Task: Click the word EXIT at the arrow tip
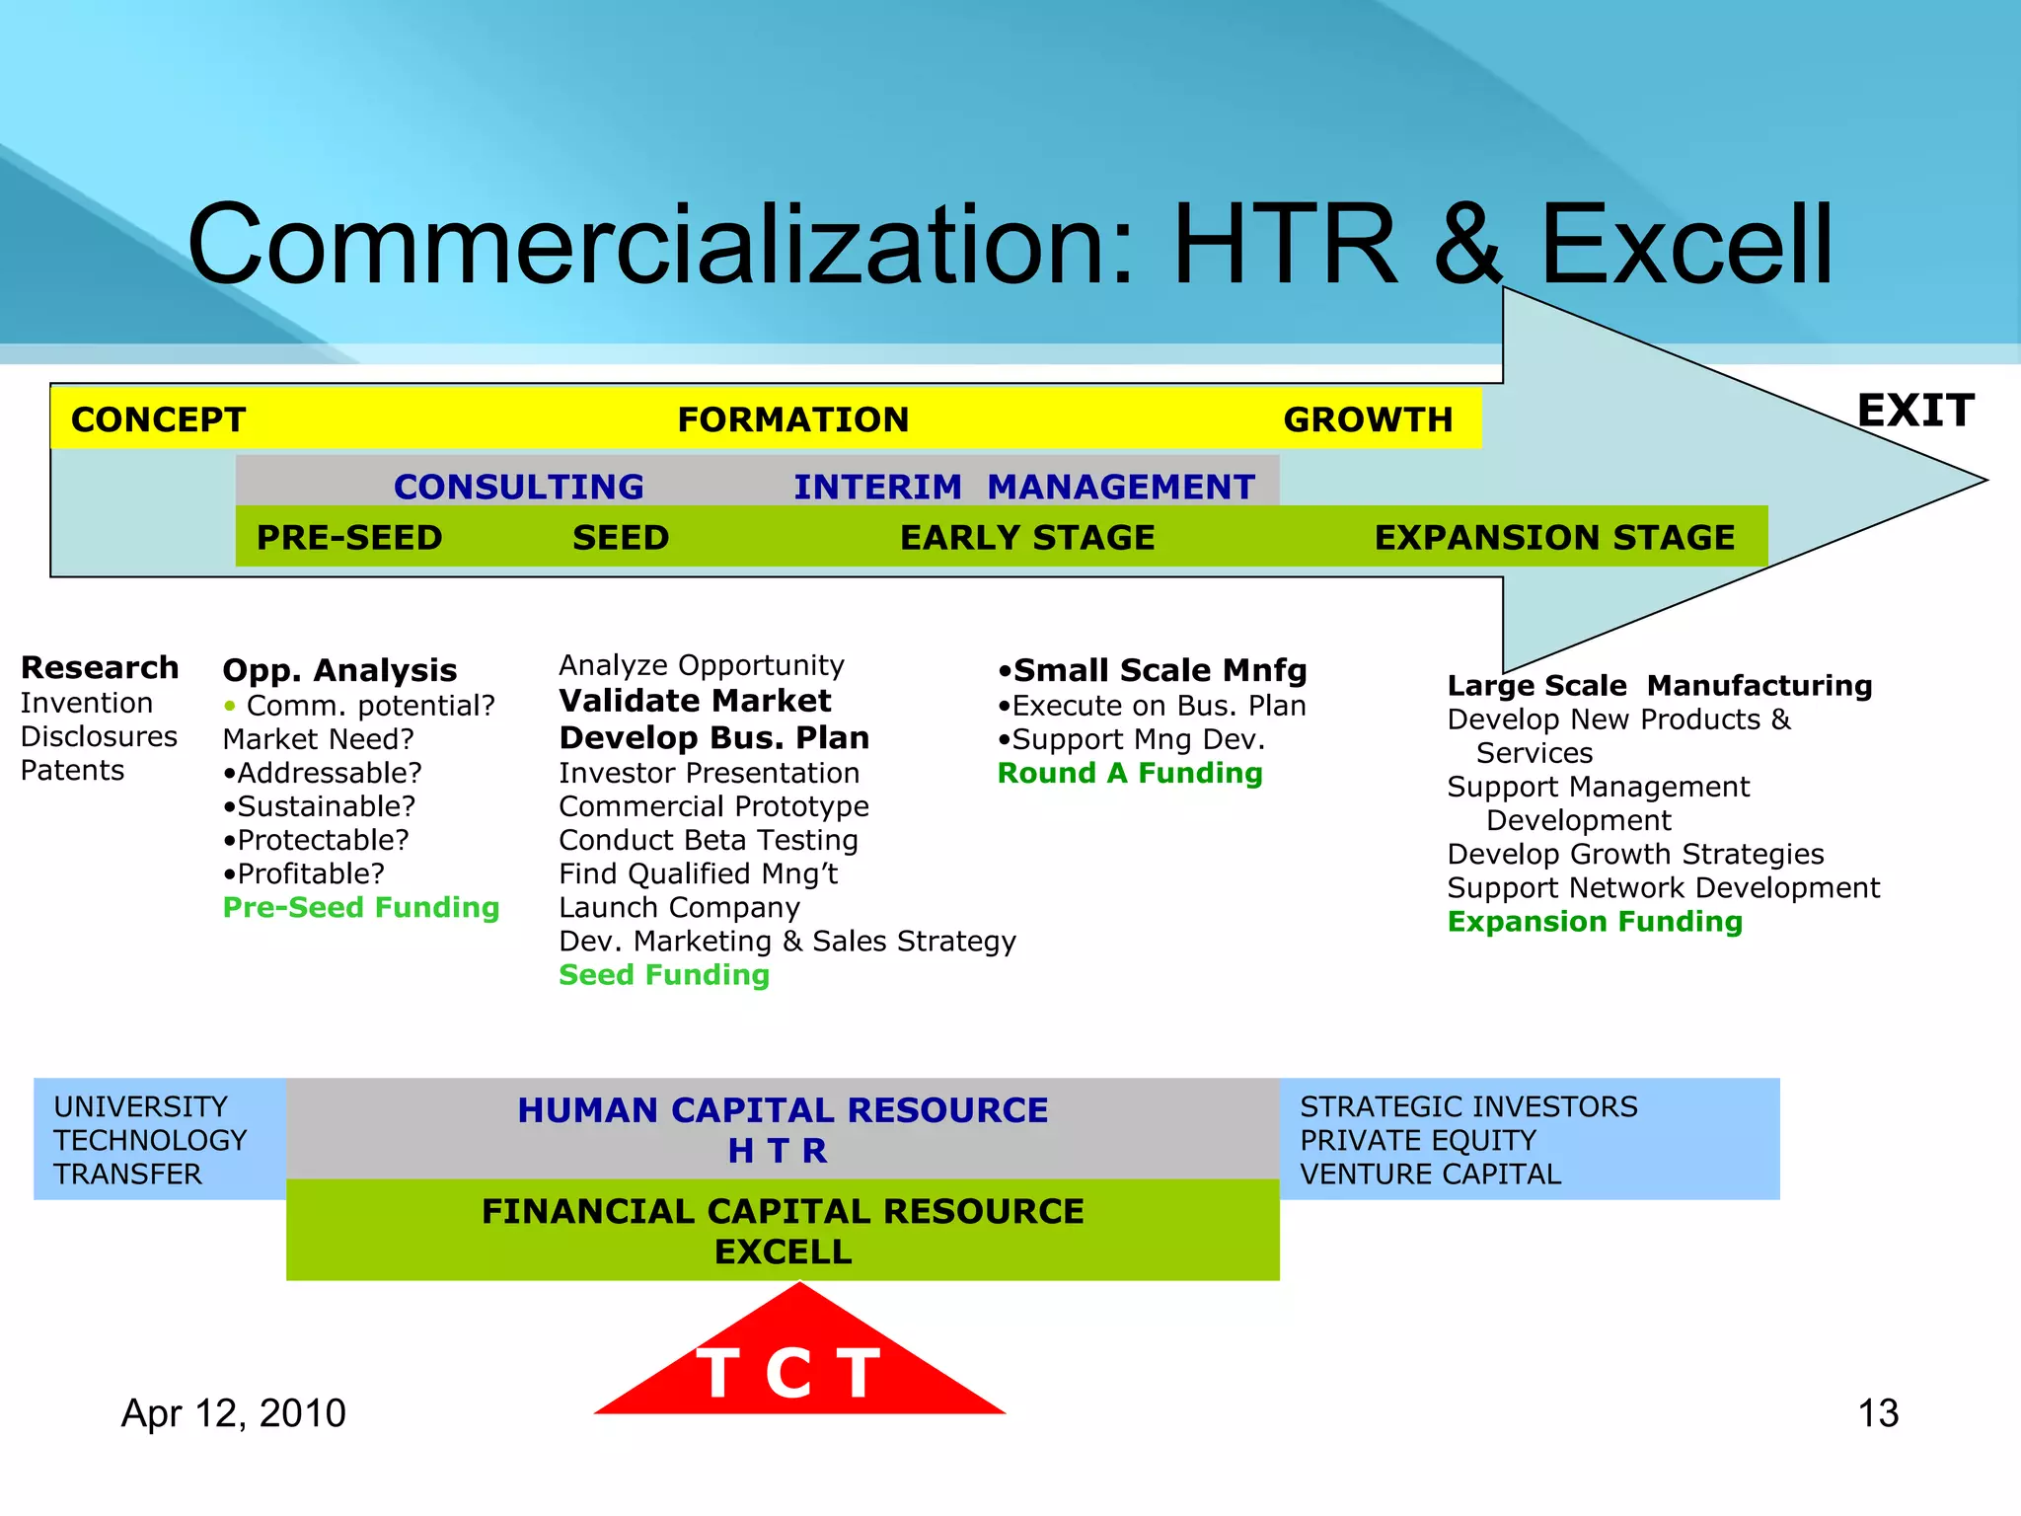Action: pyautogui.click(x=1915, y=411)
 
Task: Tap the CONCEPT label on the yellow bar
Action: pyautogui.click(x=158, y=419)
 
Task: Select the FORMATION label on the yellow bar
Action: pyautogui.click(x=792, y=419)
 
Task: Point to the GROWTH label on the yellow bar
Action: pyautogui.click(x=1368, y=419)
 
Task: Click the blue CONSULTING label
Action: pyautogui.click(x=518, y=487)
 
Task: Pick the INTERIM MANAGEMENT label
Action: pyautogui.click(x=1023, y=487)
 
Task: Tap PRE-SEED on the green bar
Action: pyautogui.click(x=349, y=538)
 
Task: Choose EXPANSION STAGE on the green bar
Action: pyautogui.click(x=1554, y=538)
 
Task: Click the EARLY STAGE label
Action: pyautogui.click(x=1027, y=538)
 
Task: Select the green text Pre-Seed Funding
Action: pyautogui.click(x=361, y=907)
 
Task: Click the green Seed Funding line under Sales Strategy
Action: pyautogui.click(x=664, y=974)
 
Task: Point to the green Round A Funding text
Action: pyautogui.click(x=1130, y=773)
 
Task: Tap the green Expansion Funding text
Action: pyautogui.click(x=1595, y=921)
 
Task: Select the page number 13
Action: pyautogui.click(x=1878, y=1413)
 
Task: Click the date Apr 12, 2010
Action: pyautogui.click(x=234, y=1413)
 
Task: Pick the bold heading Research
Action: pyautogui.click(x=100, y=668)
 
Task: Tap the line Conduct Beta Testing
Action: pyautogui.click(x=708, y=840)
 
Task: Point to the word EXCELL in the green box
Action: pyautogui.click(x=783, y=1251)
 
